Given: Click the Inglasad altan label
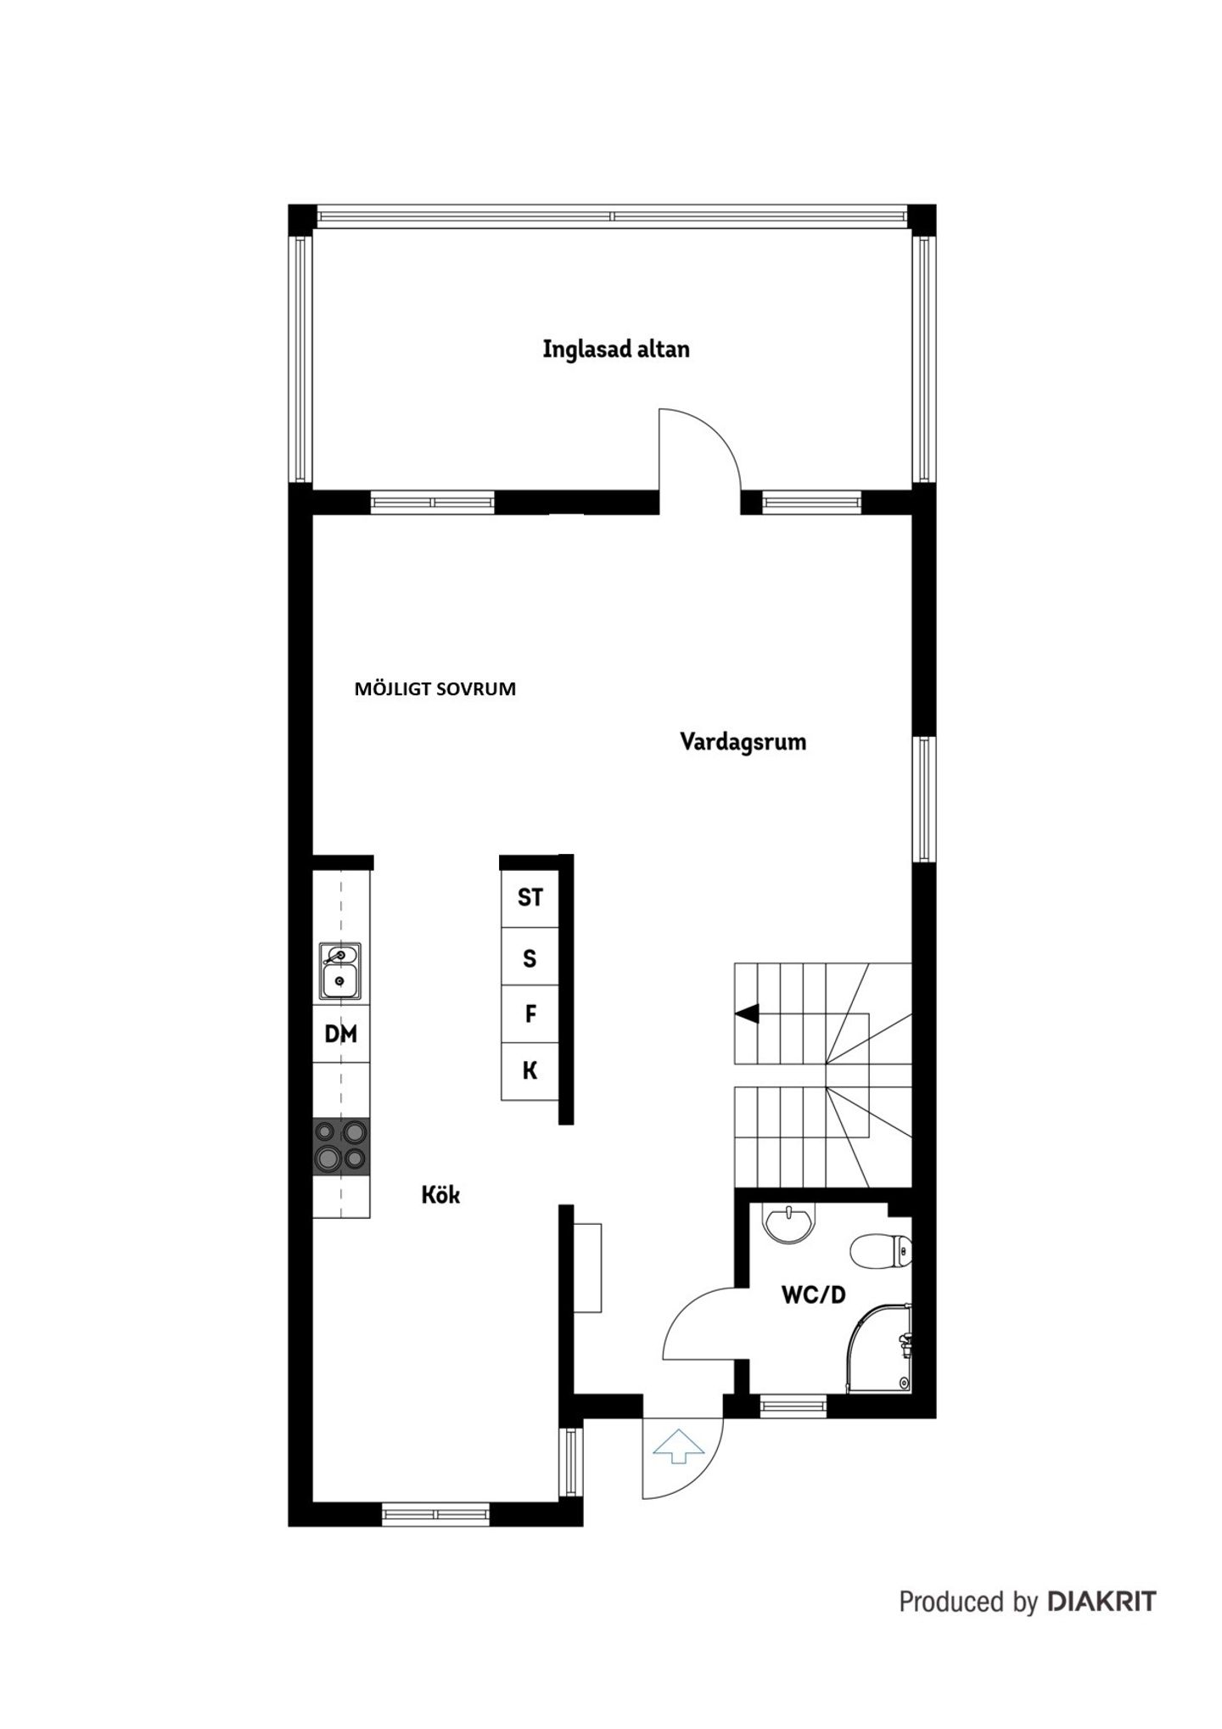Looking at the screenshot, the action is pos(616,349).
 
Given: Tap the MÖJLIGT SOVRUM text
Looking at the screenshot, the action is pos(434,688).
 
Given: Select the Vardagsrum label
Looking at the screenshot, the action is pos(743,742).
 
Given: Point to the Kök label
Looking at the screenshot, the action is pos(440,1194).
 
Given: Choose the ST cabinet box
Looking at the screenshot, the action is pos(530,898).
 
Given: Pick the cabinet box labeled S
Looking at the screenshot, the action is pos(530,957).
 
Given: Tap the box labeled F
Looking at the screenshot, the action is pos(530,1013).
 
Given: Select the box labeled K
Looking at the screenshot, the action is pos(530,1071).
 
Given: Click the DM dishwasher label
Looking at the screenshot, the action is pos(341,1033).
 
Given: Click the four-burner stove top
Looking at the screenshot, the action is pos(341,1146).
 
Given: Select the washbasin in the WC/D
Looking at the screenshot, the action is pos(789,1223).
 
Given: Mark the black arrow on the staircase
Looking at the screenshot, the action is pos(747,1013).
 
